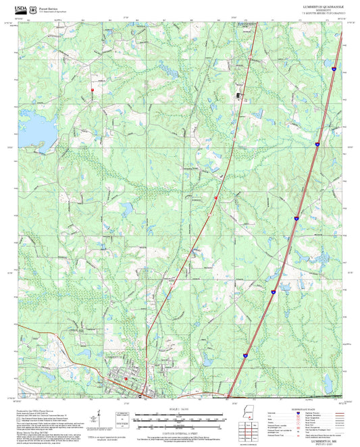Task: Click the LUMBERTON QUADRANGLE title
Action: point(326,5)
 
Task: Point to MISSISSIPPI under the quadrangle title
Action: point(326,9)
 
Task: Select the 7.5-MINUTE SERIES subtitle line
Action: point(326,12)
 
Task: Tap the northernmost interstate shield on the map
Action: point(335,68)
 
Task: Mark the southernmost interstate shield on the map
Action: point(247,354)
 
